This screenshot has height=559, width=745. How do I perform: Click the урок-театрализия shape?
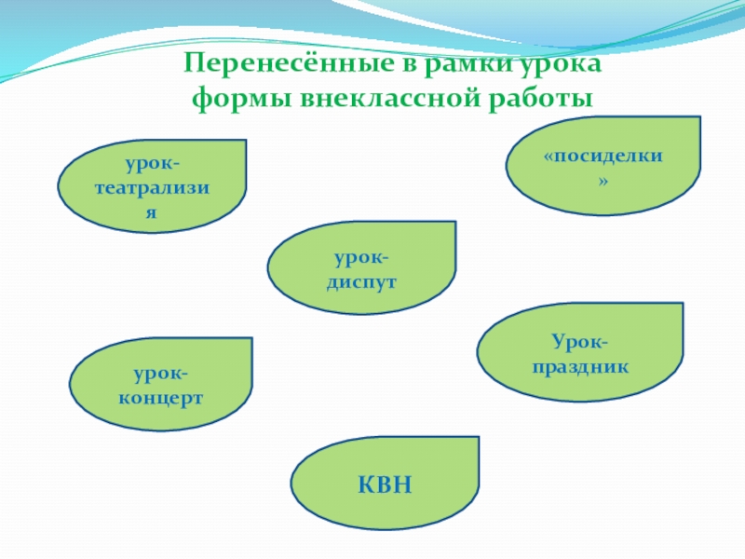pyautogui.click(x=153, y=186)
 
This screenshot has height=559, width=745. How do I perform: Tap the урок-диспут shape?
pyautogui.click(x=361, y=268)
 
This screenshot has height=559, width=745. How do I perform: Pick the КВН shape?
pyautogui.click(x=385, y=483)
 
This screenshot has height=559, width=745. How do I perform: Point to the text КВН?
pyautogui.click(x=385, y=484)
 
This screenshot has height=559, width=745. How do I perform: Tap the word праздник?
pyautogui.click(x=580, y=367)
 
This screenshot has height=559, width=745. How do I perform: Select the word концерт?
pyautogui.click(x=161, y=397)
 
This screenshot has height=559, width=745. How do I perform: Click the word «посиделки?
pyautogui.click(x=603, y=156)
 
